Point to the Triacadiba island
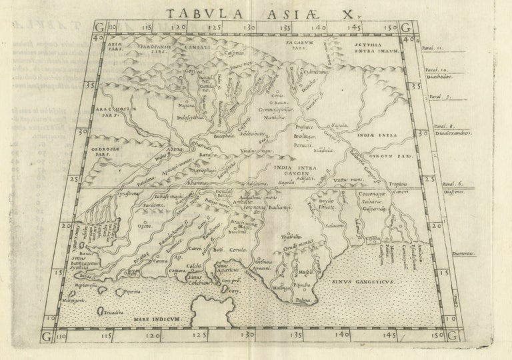(109, 311)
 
